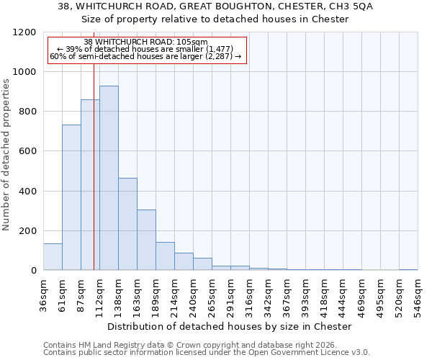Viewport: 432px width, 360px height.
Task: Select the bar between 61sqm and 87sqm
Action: (71, 197)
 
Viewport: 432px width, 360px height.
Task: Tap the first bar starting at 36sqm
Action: (53, 256)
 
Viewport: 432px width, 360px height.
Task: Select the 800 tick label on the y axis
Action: (27, 112)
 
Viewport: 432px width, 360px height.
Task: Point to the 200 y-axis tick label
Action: (27, 231)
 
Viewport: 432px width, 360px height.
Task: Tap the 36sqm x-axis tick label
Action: (43, 295)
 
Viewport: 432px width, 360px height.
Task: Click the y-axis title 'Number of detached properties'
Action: (6, 155)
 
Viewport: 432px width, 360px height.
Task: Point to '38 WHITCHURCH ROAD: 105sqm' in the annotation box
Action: (145, 42)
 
